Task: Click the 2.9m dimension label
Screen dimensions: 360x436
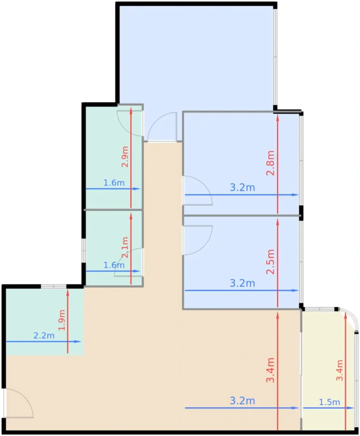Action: coord(125,157)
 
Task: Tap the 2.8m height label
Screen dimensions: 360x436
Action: coord(270,163)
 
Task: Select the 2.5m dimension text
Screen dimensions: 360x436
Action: coord(270,262)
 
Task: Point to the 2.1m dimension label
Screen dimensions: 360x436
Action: coord(125,248)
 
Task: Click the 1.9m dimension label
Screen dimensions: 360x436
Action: coord(62,320)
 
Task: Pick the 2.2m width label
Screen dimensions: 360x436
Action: coord(44,336)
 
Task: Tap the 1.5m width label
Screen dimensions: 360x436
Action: coord(329,402)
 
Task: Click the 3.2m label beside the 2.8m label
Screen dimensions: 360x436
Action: coord(242,187)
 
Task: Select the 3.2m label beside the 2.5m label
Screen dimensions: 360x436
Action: coord(242,283)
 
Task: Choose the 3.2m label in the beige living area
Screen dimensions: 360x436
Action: coord(242,401)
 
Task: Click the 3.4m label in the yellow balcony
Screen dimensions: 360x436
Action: coord(339,370)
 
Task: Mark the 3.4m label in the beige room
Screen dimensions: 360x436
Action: coord(270,370)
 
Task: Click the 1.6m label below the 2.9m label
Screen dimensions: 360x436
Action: coord(114,183)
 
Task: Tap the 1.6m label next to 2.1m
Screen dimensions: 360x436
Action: coord(114,265)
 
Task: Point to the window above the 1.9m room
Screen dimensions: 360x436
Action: coord(54,286)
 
